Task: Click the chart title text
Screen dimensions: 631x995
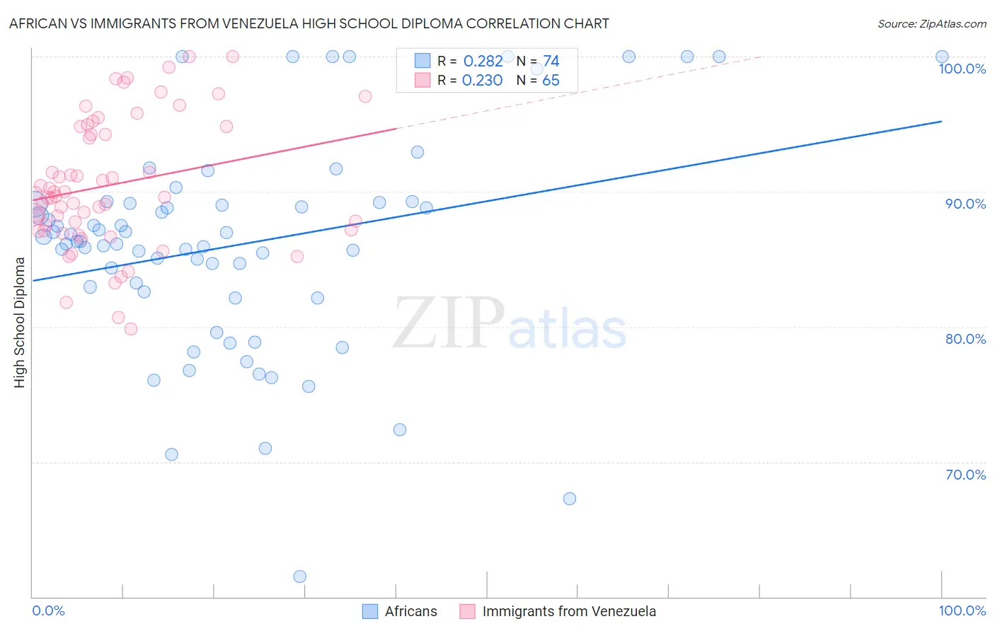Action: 309,24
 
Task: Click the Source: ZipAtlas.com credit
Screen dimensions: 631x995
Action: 931,24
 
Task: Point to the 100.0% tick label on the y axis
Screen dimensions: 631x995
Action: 962,69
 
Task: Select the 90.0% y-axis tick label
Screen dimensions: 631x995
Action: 965,204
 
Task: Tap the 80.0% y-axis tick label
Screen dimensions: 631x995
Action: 965,339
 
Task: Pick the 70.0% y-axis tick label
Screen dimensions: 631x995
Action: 965,475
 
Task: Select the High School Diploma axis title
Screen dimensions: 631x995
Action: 20,322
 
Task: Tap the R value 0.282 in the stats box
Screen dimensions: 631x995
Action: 483,62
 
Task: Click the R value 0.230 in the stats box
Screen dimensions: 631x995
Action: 482,81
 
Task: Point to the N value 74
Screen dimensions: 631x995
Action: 551,62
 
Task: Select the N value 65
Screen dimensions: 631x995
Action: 551,81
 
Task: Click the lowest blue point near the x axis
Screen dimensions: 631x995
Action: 299,577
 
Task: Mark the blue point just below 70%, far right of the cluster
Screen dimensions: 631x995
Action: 569,499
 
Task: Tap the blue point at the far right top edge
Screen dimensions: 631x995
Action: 941,57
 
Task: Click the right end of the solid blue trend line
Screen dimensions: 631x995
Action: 941,122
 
